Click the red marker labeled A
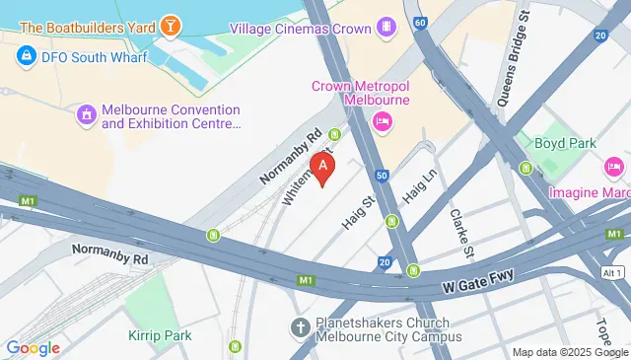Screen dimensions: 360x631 [x=322, y=168]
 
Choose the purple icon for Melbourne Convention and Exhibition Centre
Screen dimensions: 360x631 [x=87, y=116]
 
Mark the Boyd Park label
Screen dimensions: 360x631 [x=565, y=143]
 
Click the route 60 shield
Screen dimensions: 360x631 [x=421, y=21]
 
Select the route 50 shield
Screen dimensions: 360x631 [x=380, y=175]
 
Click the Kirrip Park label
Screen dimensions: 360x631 [x=160, y=335]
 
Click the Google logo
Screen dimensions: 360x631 [x=33, y=347]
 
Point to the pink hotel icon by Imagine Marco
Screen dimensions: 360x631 [x=614, y=166]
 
